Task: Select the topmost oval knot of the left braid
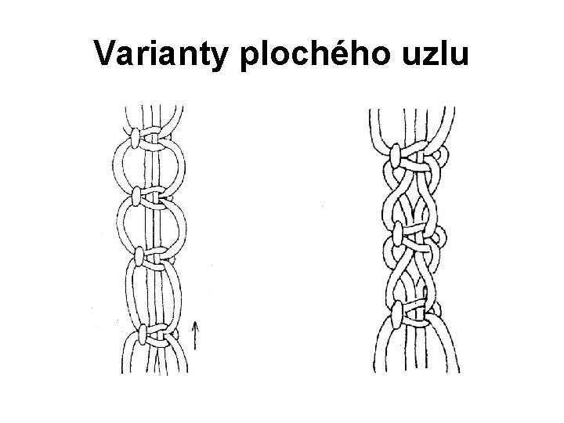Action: [136, 139]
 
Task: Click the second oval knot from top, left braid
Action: [137, 195]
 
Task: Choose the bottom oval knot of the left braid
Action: [142, 336]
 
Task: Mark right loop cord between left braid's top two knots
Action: [183, 167]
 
